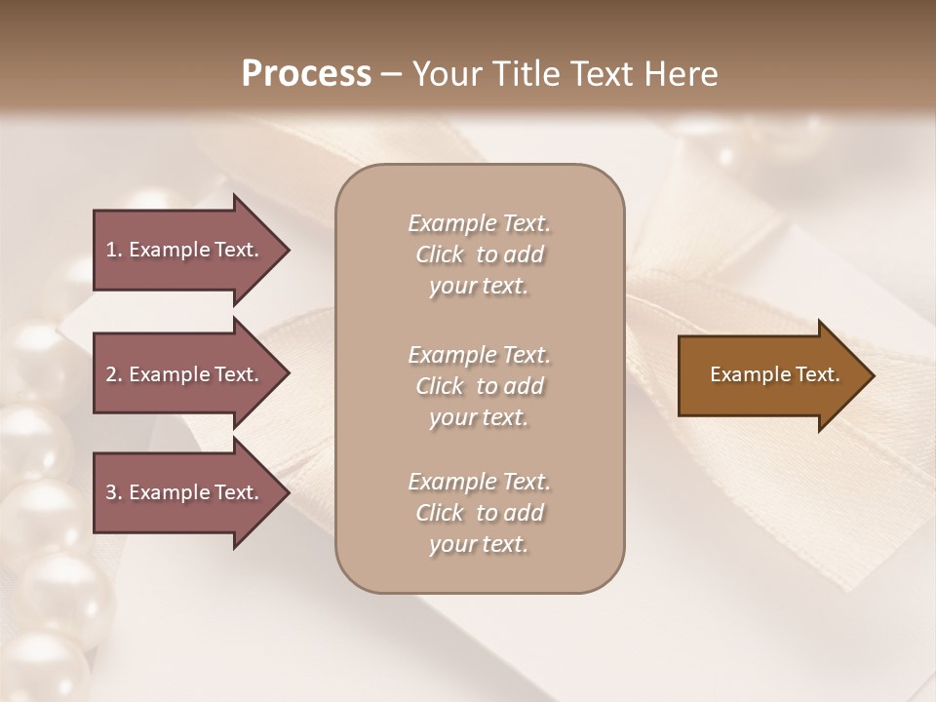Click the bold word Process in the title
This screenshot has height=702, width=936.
(306, 74)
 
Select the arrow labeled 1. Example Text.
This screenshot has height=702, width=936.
(185, 250)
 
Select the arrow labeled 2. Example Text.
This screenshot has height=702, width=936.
(185, 374)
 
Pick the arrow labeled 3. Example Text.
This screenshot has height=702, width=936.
(185, 492)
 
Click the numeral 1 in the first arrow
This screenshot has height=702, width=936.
(110, 250)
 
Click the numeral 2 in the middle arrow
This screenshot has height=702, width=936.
(111, 374)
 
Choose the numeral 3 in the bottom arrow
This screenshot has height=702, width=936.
(111, 492)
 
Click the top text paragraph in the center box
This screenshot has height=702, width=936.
(480, 254)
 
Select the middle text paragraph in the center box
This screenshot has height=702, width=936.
(480, 386)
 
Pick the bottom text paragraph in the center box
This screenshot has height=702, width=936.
(480, 513)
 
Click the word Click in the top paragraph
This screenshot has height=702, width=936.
(440, 254)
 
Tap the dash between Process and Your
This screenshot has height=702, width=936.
(392, 74)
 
